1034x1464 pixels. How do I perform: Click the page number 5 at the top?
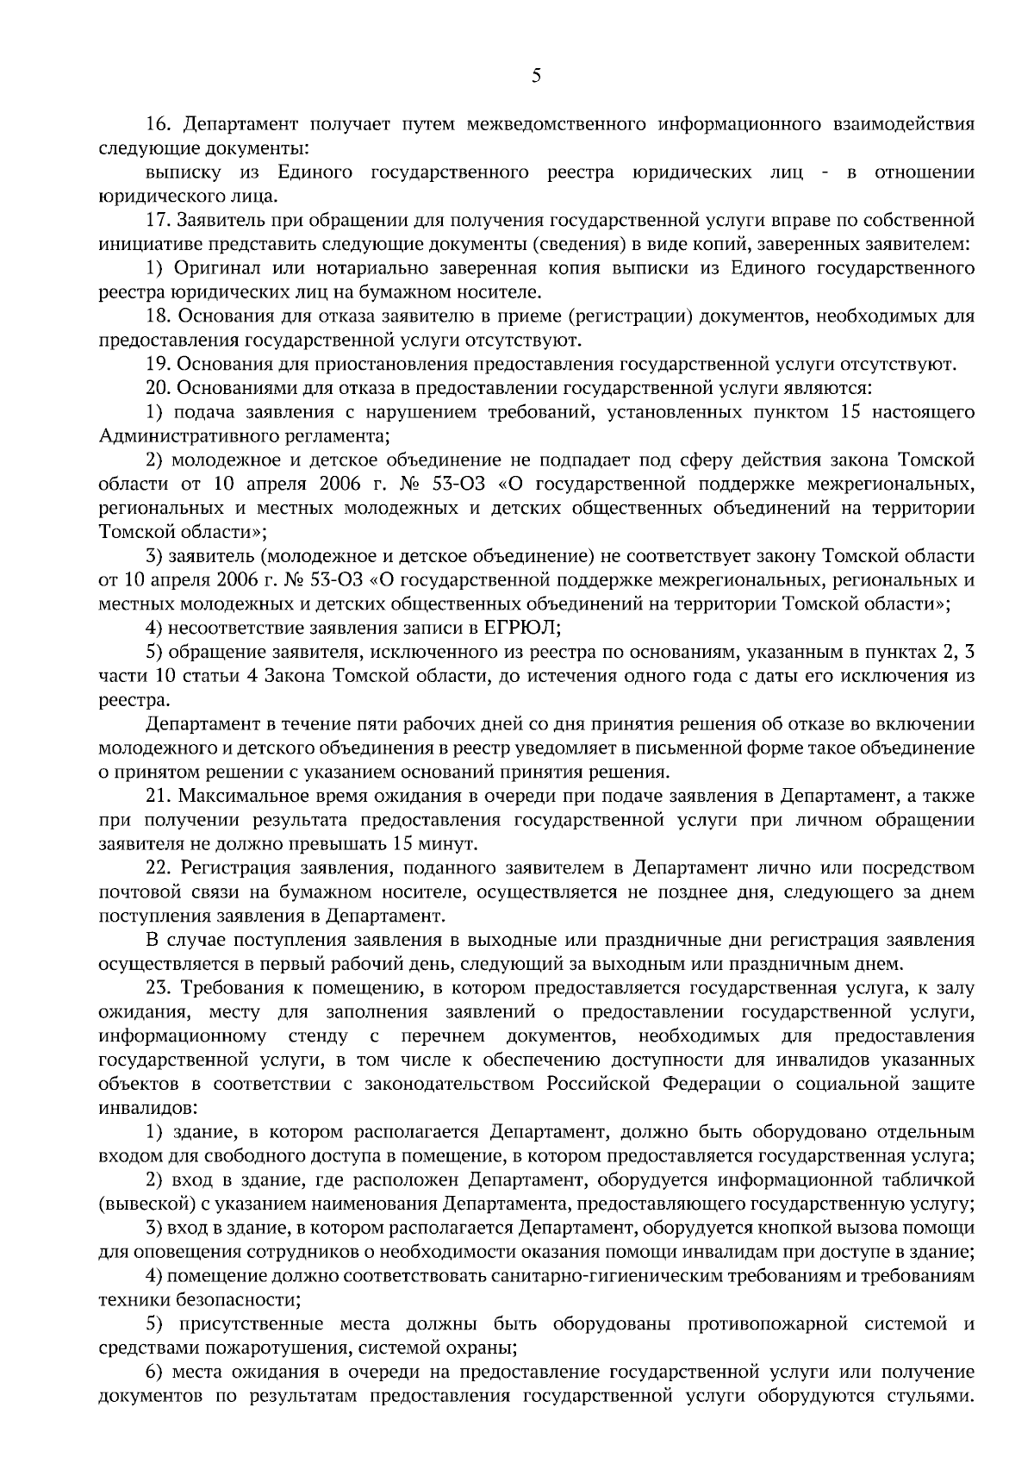(x=536, y=76)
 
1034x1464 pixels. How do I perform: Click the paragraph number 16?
(x=159, y=124)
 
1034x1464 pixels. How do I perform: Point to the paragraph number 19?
(x=159, y=364)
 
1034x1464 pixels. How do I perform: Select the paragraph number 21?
(x=159, y=794)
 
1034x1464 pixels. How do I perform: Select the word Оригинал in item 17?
(x=209, y=268)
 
